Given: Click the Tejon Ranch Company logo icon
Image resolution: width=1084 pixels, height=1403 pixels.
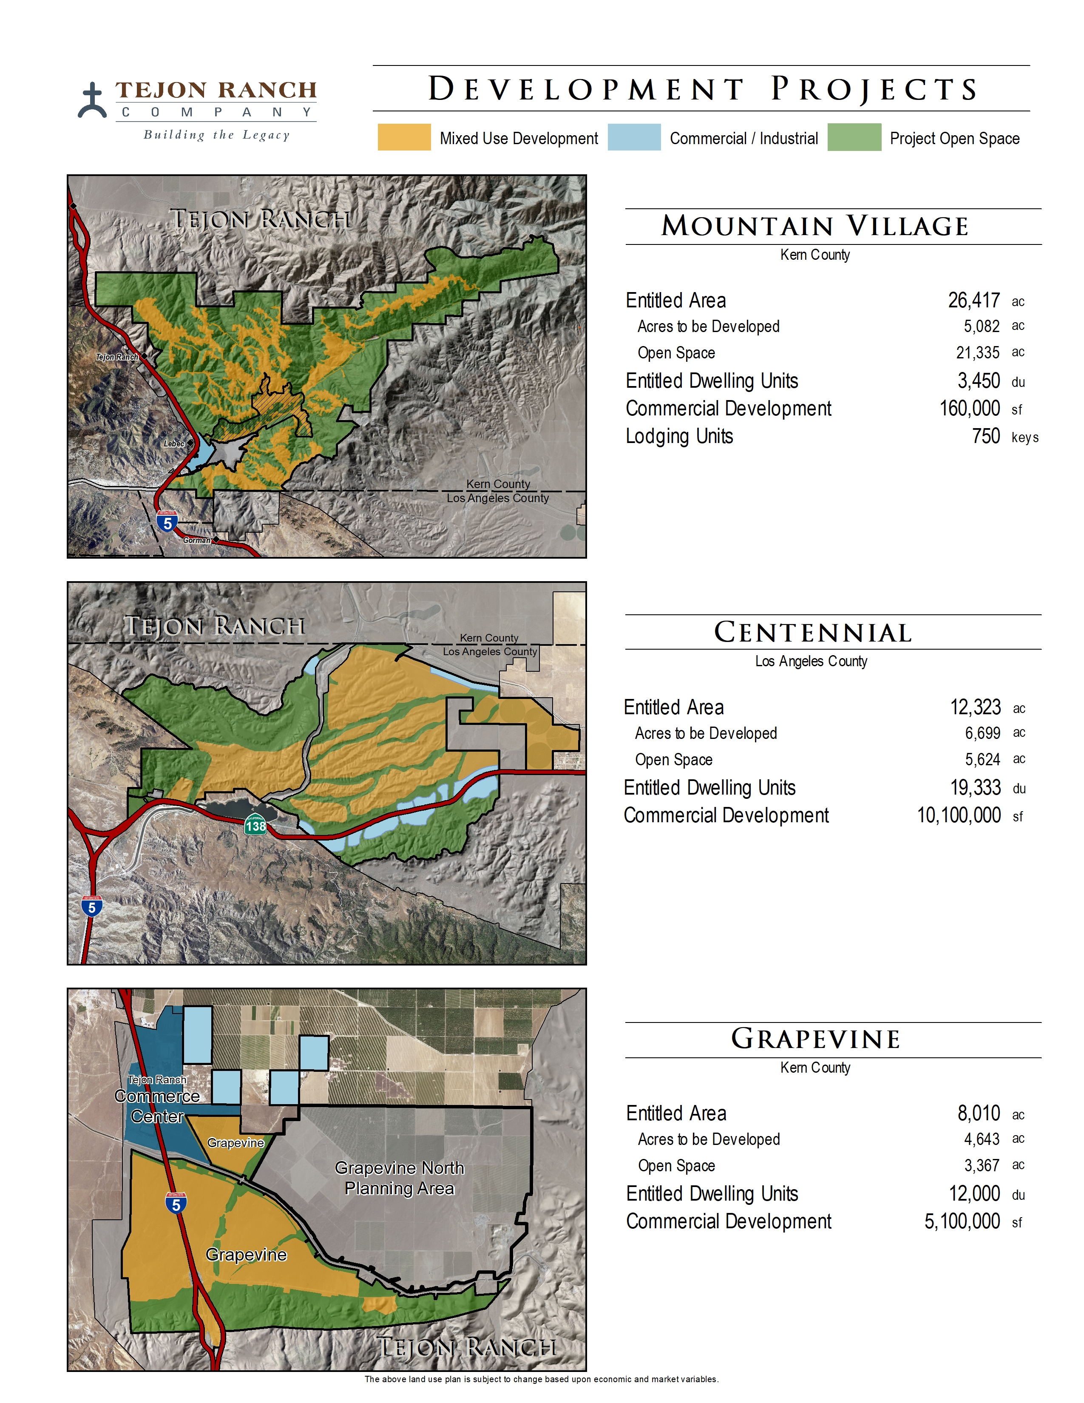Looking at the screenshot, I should tap(93, 101).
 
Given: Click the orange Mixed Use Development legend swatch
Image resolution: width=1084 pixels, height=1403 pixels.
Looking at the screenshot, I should tap(404, 137).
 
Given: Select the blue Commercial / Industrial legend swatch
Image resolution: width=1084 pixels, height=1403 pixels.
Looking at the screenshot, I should tap(634, 137).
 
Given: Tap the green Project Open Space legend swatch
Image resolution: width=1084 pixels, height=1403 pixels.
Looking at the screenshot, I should tap(854, 137).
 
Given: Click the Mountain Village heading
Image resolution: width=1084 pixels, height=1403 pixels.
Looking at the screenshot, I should tap(815, 226).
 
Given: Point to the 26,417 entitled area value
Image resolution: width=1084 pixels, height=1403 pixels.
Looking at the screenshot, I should tap(973, 301).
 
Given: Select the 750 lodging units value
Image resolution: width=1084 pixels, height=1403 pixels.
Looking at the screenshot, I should tap(986, 436).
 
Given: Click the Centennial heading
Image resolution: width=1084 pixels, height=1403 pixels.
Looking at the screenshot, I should tap(813, 633).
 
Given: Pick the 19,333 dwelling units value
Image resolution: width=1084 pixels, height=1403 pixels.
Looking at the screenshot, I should tap(976, 787).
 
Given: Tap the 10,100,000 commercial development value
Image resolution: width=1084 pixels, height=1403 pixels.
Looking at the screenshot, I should tap(959, 815).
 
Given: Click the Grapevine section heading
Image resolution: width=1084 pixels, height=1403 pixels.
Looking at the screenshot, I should tap(816, 1039).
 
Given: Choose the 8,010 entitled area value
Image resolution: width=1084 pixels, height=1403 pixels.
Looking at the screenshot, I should tap(979, 1113).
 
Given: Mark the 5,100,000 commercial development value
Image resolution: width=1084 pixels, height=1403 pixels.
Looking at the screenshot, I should tap(962, 1221).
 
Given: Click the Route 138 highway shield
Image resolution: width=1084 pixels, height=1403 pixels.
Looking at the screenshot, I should tap(255, 826).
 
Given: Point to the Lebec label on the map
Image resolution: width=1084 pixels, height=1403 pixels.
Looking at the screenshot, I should tap(174, 444).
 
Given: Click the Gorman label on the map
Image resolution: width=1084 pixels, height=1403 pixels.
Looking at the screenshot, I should tap(196, 540).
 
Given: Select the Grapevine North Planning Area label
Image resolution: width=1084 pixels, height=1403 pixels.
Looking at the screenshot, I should tap(400, 1178).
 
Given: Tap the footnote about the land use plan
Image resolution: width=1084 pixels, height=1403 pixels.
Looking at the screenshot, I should tap(541, 1379).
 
